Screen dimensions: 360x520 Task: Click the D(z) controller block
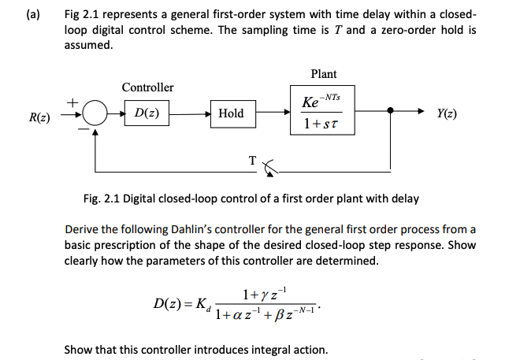[x=147, y=113]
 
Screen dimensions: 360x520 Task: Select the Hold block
[x=231, y=113]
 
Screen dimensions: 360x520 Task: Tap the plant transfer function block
[x=323, y=113]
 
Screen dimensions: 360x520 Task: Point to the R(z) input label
[x=39, y=117]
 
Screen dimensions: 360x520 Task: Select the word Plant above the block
[x=323, y=74]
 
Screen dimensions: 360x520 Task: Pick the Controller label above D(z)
[x=147, y=87]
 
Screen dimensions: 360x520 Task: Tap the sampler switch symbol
[x=271, y=165]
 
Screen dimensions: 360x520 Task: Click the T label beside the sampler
[x=252, y=160]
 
